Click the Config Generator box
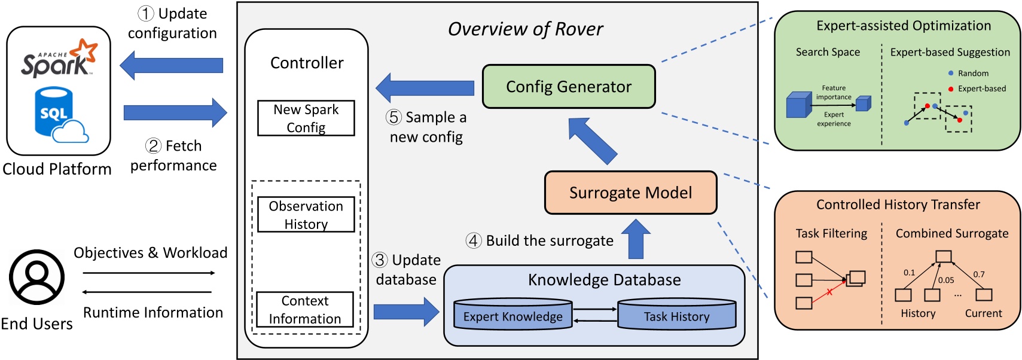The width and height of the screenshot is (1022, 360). pos(569,87)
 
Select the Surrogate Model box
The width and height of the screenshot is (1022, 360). pos(630,193)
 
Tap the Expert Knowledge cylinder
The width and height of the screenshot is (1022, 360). pos(512,315)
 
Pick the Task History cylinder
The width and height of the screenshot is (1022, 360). pos(676,315)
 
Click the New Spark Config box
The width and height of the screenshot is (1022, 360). pos(306,118)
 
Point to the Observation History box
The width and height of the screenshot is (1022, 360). pos(306,215)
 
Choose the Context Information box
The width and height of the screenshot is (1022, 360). pos(305,309)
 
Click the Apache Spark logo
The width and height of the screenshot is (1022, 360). pos(59,59)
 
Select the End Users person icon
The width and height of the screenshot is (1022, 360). pos(36,277)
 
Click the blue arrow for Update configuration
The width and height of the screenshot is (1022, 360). pos(172,65)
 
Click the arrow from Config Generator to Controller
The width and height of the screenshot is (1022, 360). pos(425,88)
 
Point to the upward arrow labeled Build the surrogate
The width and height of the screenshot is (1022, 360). pos(636,239)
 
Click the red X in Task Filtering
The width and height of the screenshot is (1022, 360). pos(829,292)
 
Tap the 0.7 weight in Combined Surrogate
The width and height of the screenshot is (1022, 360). pos(978,274)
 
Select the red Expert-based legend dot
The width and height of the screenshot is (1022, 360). pos(951,89)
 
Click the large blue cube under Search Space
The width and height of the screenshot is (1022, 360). pos(798,105)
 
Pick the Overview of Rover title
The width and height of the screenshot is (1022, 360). pos(525,29)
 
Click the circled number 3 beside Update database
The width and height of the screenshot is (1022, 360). pos(380,260)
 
